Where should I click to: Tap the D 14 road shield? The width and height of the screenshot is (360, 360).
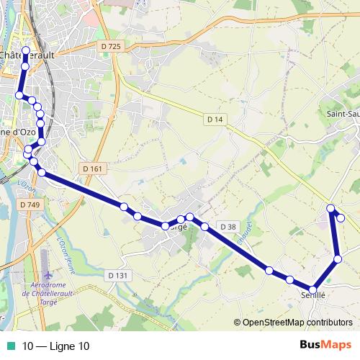[214, 119]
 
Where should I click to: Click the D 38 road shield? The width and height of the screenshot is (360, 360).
[228, 227]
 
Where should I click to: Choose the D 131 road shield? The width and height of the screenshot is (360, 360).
[117, 275]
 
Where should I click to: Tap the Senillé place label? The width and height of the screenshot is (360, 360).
[313, 295]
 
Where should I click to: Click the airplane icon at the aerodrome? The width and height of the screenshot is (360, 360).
[48, 275]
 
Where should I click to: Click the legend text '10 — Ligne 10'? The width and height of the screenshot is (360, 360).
[56, 346]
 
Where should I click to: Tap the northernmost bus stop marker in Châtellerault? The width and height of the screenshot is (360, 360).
[26, 50]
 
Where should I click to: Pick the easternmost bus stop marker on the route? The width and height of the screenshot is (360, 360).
[341, 217]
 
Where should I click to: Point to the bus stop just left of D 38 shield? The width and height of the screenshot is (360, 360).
[204, 227]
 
